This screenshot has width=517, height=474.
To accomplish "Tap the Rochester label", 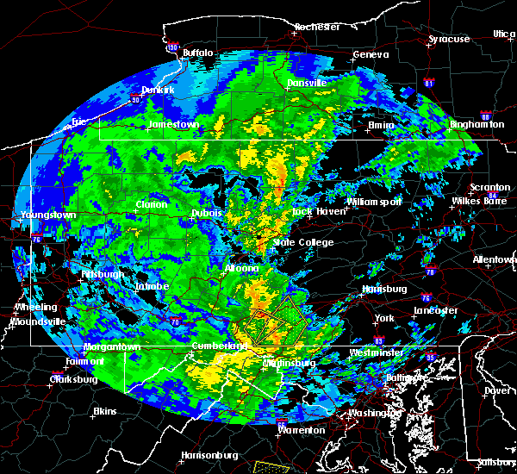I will coord(317,27).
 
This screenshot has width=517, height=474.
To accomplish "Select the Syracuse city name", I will coord(449,39).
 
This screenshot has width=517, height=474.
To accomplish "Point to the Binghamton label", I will coord(477,124).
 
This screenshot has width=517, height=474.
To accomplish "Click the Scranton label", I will coord(489,187).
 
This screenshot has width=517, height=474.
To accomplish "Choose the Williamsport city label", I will coord(374,202).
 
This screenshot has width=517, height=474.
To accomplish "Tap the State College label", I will coord(303,242).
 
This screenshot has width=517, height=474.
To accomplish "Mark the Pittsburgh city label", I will coord(103,274).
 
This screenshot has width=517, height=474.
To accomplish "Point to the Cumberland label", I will coord(216,346).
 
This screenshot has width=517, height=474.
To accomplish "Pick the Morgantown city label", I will coord(112,347).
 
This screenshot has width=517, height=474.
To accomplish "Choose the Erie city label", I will coord(79,122).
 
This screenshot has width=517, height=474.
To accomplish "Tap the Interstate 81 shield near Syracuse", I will coord(429,84).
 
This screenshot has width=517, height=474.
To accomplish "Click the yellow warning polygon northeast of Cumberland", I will coord(273,322).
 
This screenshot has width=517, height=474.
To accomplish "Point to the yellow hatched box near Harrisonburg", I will coord(275,466).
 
